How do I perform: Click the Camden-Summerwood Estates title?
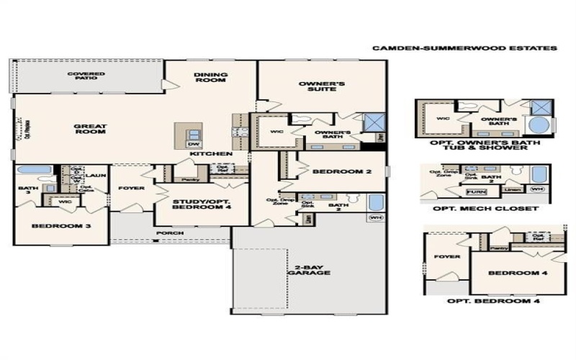coord(464,48)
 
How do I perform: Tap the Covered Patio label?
coord(86,76)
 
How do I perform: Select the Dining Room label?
coord(210,78)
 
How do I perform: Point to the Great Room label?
coord(90,129)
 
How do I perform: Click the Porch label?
coord(170,233)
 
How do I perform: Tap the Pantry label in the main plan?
coord(190,179)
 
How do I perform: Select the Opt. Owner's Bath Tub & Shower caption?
coord(486,146)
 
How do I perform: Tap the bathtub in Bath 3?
coord(33,171)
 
